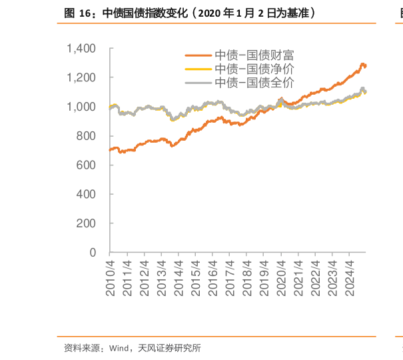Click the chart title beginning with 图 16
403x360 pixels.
(x=189, y=13)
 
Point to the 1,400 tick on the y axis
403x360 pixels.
(x=82, y=49)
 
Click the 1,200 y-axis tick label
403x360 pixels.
(x=82, y=78)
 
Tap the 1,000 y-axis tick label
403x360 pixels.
(x=82, y=107)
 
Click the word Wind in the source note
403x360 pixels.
(x=118, y=347)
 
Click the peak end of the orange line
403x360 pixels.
(x=363, y=65)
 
